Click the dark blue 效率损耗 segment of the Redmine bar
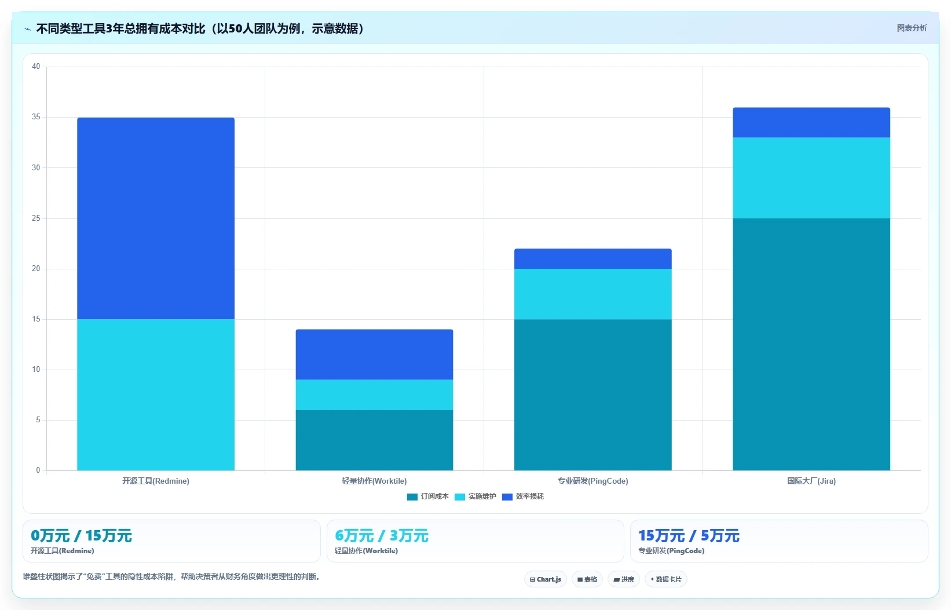click(x=156, y=218)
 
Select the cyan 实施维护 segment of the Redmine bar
click(x=156, y=395)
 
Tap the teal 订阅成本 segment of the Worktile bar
click(x=375, y=440)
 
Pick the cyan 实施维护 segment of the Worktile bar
click(x=375, y=395)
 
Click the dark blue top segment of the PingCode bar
click(x=593, y=259)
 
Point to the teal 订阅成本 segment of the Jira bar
click(x=811, y=345)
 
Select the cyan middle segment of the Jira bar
click(x=811, y=178)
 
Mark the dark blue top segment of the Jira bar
click(x=811, y=123)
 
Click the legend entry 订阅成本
click(x=428, y=496)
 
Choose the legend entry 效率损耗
click(x=523, y=496)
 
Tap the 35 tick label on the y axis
click(x=36, y=117)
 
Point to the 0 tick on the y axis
click(x=38, y=470)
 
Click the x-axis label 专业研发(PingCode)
click(x=593, y=481)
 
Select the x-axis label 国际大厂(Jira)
click(x=811, y=481)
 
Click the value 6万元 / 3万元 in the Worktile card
click(x=382, y=536)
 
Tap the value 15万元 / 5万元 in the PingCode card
click(x=689, y=536)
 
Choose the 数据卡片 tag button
click(x=665, y=579)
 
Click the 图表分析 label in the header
click(x=912, y=28)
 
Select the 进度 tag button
click(x=624, y=579)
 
